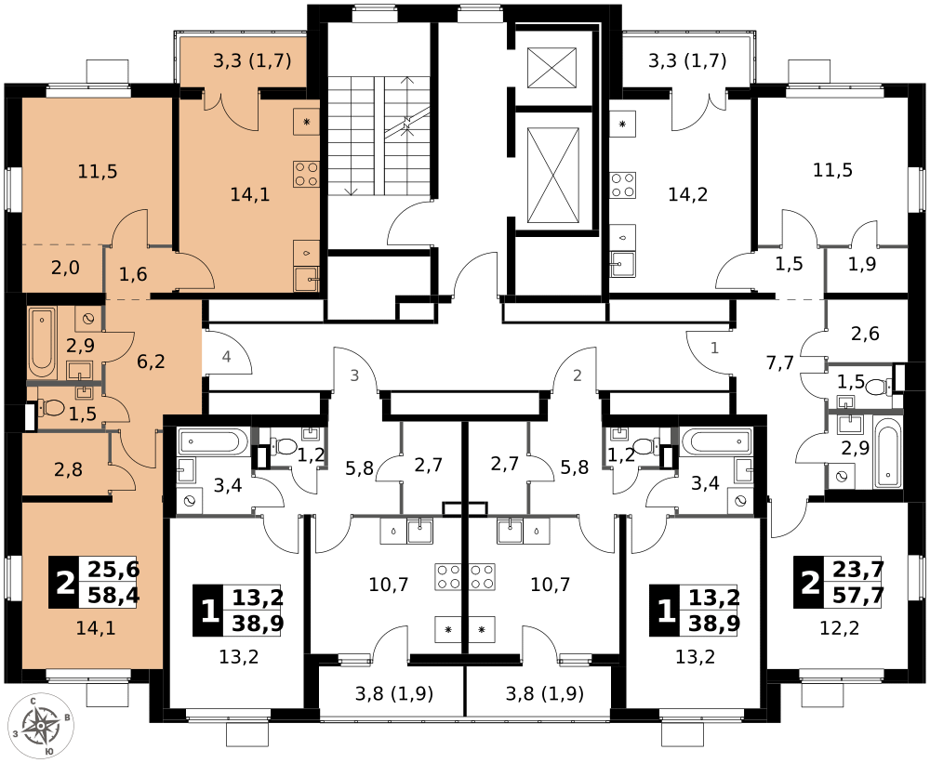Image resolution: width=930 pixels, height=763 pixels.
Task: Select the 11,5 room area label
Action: point(98,171)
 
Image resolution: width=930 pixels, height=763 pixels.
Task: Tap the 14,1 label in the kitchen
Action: point(249,194)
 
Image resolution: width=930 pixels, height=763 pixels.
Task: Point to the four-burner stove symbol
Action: point(306,174)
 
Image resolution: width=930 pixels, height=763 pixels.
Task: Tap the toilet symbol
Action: point(52,407)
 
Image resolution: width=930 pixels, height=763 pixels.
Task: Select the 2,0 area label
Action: point(65,269)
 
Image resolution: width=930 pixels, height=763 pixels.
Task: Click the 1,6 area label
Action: point(133,274)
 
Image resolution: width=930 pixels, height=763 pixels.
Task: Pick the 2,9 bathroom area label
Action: point(80,346)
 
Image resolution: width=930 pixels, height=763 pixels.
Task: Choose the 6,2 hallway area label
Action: point(151,362)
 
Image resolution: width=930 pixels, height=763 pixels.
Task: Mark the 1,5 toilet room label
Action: point(83,414)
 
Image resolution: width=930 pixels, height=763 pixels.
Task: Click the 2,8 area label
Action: point(68,469)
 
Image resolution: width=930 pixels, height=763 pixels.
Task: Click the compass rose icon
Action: point(41,726)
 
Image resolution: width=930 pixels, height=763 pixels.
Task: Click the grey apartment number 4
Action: point(227,357)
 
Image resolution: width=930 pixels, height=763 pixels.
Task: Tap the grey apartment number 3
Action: point(354,375)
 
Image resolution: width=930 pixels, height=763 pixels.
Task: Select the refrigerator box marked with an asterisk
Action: point(306,122)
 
